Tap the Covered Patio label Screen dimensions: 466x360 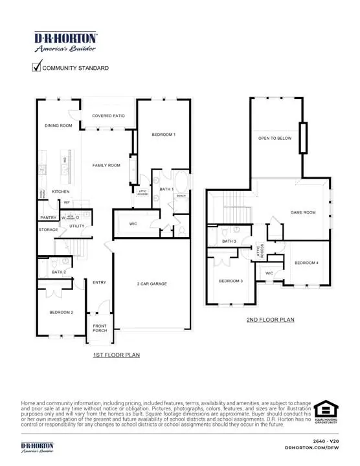click(x=108, y=116)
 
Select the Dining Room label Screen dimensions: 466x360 click(x=58, y=126)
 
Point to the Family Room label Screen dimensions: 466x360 click(x=106, y=166)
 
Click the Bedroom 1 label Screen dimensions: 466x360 click(x=164, y=135)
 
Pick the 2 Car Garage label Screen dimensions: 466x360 click(x=152, y=284)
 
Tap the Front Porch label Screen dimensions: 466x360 click(x=100, y=328)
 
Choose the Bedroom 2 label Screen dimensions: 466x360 click(x=62, y=313)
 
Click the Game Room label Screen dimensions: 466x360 click(x=302, y=212)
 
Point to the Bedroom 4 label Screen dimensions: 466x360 click(x=306, y=263)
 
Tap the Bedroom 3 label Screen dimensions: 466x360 click(x=231, y=281)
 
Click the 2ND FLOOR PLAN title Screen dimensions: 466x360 click(x=270, y=320)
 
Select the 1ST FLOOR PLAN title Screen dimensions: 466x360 click(x=117, y=355)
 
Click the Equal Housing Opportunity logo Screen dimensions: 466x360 click(x=326, y=412)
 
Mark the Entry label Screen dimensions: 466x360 click(x=99, y=282)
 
